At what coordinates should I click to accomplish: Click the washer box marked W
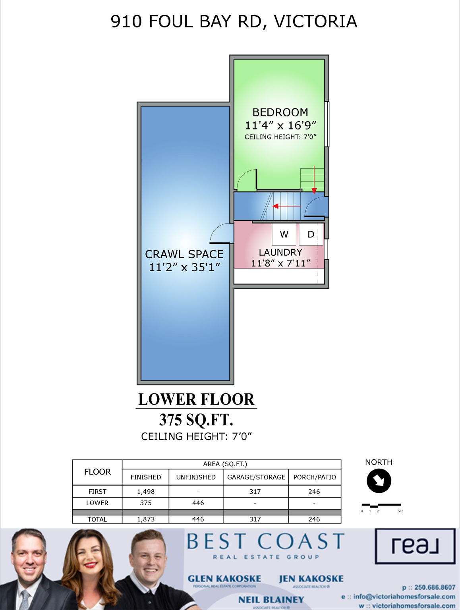click(284, 234)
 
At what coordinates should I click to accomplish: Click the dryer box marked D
click(310, 234)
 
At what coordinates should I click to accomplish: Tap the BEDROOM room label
click(280, 112)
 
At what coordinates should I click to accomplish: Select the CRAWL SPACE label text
click(184, 254)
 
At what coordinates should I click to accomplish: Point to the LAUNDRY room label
click(280, 252)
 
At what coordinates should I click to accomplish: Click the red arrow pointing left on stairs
click(286, 206)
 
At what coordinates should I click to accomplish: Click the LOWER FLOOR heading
click(196, 399)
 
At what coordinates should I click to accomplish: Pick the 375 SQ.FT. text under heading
click(196, 419)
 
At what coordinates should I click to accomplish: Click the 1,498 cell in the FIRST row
click(145, 491)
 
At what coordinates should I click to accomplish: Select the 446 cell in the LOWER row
click(198, 503)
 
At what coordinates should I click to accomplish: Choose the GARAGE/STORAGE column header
click(256, 477)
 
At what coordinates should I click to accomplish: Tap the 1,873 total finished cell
click(145, 519)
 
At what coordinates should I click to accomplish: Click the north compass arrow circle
click(379, 481)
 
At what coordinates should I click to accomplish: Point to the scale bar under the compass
click(381, 505)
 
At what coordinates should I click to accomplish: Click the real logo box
click(415, 546)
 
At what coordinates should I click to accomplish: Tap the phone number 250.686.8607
click(435, 587)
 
